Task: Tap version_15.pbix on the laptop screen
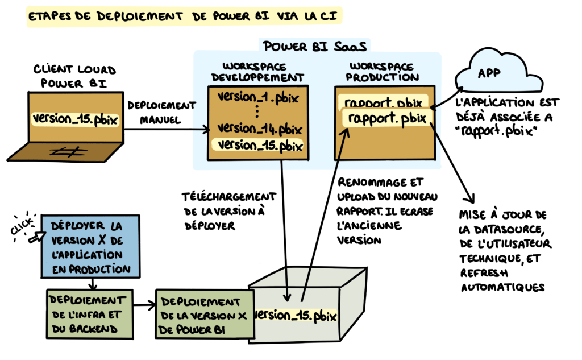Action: (x=76, y=119)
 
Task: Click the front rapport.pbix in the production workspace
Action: (x=386, y=119)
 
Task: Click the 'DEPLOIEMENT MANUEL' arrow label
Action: (x=162, y=113)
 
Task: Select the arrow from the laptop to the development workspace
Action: (x=165, y=129)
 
